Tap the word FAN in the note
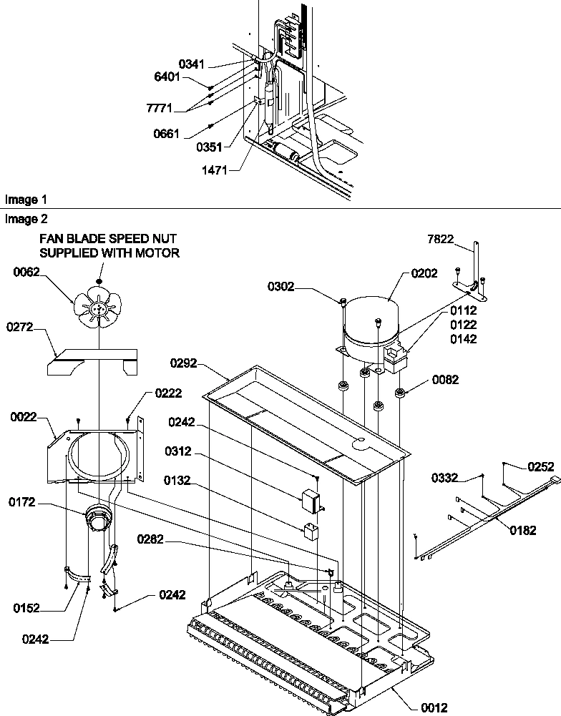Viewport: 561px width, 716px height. click(50, 238)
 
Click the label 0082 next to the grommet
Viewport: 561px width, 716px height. click(444, 380)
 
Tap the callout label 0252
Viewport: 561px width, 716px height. click(540, 466)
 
